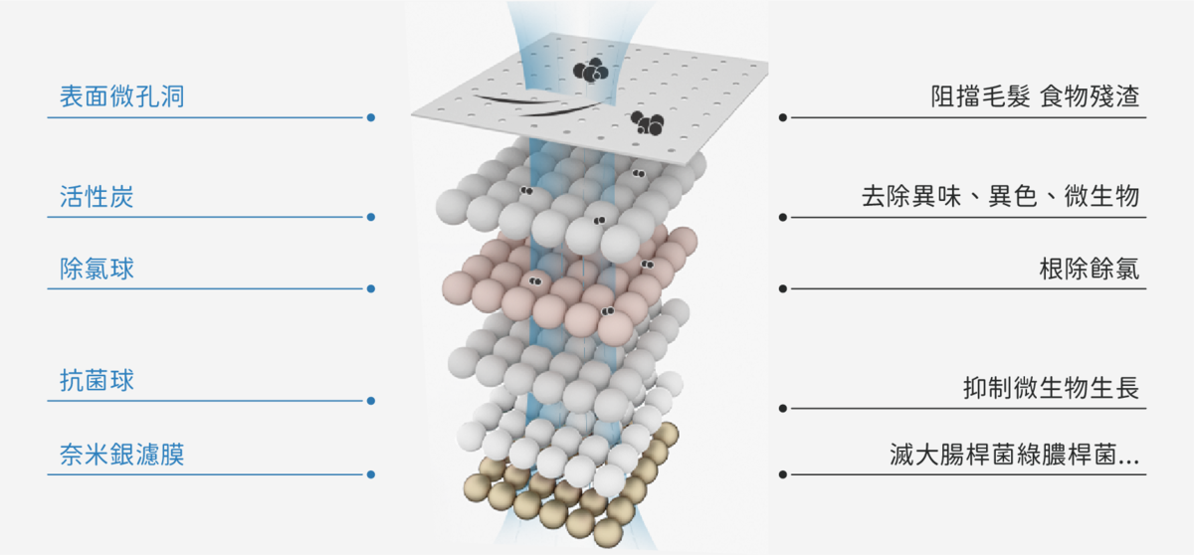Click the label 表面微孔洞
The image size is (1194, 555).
point(122,96)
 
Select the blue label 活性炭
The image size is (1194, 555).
point(97,197)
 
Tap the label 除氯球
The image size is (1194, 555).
point(97,269)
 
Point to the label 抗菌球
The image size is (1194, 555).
point(97,380)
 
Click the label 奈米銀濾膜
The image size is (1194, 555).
point(122,455)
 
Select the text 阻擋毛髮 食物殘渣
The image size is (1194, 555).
point(1035,96)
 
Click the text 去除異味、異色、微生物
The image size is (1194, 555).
point(1001,197)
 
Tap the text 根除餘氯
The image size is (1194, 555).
point(1090,269)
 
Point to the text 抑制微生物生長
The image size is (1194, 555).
point(1051,387)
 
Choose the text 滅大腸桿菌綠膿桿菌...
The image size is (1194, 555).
point(1002,455)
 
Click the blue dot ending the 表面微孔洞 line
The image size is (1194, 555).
point(371,117)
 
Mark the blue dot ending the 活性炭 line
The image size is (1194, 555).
point(371,217)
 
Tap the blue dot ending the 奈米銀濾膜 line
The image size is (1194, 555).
point(371,474)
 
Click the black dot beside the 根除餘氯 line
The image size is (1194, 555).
point(782,288)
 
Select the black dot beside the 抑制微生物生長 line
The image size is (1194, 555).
point(782,409)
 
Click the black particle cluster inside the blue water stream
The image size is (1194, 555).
point(591,70)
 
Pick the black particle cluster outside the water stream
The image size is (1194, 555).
point(648,123)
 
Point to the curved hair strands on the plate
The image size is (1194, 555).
point(538,104)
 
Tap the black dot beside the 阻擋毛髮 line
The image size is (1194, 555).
point(782,117)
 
